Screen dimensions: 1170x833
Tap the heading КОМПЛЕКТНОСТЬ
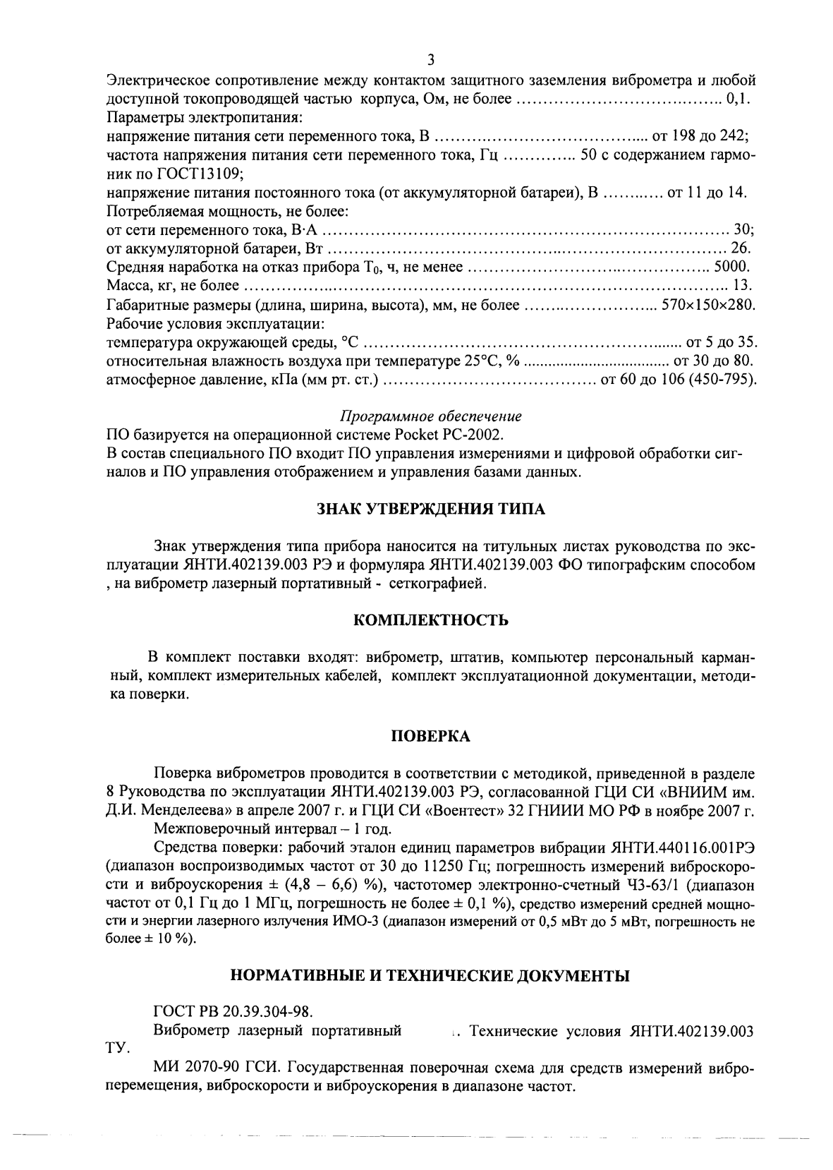click(x=430, y=621)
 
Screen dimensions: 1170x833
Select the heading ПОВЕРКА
click(x=430, y=737)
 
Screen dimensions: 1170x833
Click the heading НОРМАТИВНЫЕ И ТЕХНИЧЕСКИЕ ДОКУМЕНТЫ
click(x=430, y=977)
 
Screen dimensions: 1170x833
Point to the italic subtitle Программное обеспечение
click(x=431, y=415)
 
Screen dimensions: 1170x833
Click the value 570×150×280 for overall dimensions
click(x=708, y=306)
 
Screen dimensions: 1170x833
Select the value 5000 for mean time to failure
click(x=731, y=267)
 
